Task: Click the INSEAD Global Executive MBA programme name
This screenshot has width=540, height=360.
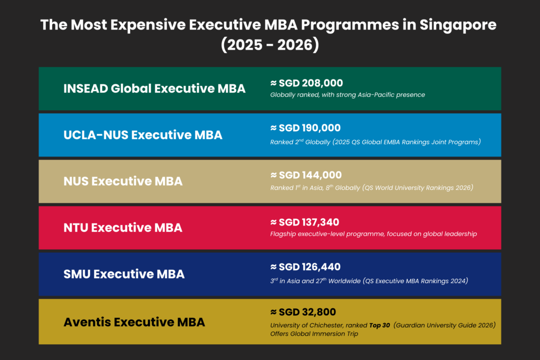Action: [154, 89]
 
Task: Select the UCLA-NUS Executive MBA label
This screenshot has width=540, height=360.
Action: [142, 135]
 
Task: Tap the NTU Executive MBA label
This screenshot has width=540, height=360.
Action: [122, 228]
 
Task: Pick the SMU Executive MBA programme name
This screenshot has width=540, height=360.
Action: [124, 274]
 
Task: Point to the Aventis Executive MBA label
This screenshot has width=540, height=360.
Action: [134, 322]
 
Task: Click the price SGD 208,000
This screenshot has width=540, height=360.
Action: [306, 83]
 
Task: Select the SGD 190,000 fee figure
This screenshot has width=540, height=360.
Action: [305, 128]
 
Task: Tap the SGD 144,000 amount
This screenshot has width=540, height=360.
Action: [306, 175]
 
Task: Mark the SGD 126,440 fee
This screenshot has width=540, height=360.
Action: [305, 267]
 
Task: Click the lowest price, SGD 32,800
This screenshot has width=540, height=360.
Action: [303, 312]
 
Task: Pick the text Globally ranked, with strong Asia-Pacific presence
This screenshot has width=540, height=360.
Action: [348, 95]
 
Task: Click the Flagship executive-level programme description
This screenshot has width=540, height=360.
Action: [373, 233]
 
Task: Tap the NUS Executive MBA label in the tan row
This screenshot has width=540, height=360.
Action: [123, 181]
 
